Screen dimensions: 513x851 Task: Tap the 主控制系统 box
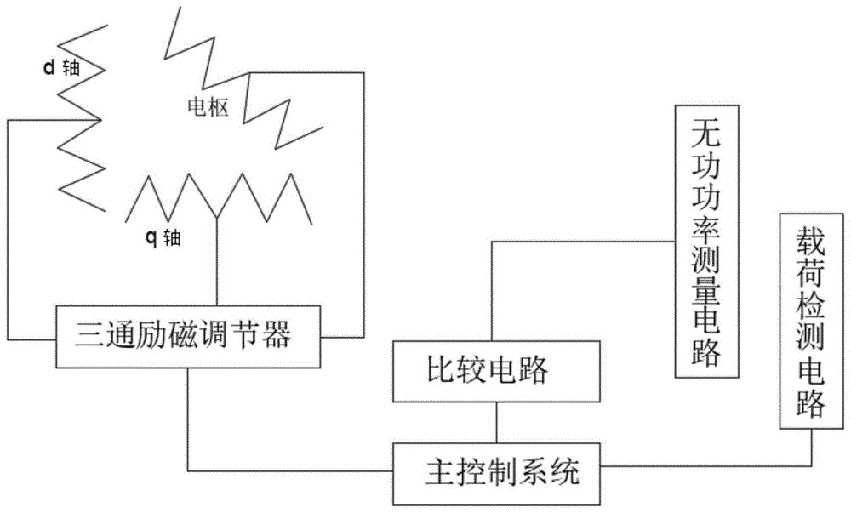(495, 467)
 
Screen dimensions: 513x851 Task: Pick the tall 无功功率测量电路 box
(707, 239)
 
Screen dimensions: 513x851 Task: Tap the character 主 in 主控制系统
(437, 469)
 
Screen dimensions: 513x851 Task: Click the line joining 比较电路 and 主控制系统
(495, 422)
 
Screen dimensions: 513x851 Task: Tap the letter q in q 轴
(149, 238)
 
